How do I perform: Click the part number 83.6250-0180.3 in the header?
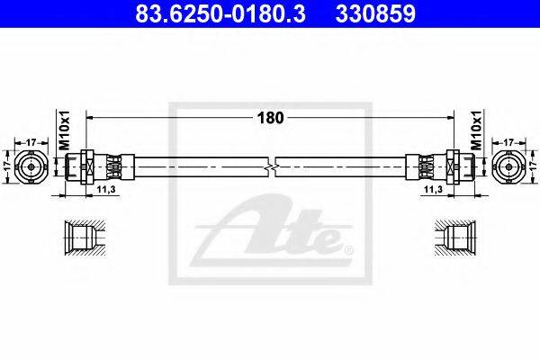(220, 14)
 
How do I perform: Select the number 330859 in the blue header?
(375, 14)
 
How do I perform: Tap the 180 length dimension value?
(270, 118)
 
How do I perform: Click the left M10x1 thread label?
(65, 130)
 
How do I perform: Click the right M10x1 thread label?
(476, 130)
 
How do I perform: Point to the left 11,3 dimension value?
(105, 189)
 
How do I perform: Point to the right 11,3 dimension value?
(434, 189)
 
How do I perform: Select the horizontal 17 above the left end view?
(31, 142)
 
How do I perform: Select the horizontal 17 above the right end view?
(508, 142)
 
